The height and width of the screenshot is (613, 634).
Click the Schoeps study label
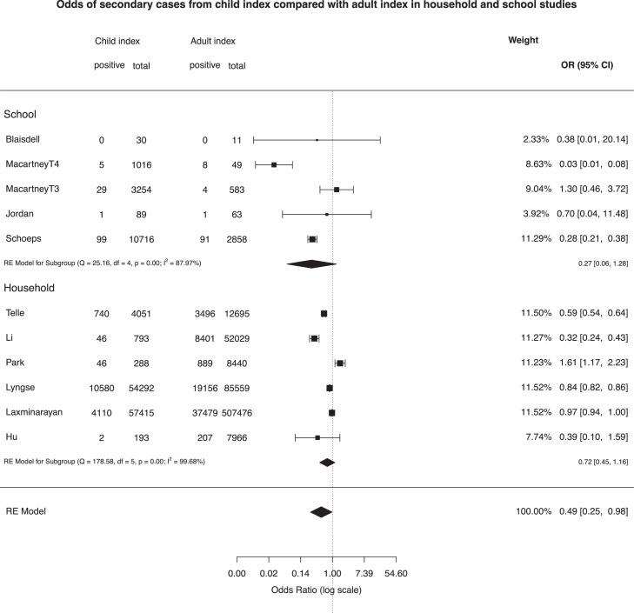pyautogui.click(x=23, y=238)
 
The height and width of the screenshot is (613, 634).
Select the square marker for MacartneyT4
pyautogui.click(x=274, y=163)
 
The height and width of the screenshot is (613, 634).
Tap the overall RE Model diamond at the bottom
pyautogui.click(x=321, y=512)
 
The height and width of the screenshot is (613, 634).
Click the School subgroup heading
pyautogui.click(x=21, y=114)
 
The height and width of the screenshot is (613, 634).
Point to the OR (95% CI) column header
pyautogui.click(x=588, y=65)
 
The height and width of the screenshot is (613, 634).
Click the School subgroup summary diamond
pyautogui.click(x=311, y=263)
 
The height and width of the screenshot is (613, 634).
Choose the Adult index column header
pyautogui.click(x=212, y=41)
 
